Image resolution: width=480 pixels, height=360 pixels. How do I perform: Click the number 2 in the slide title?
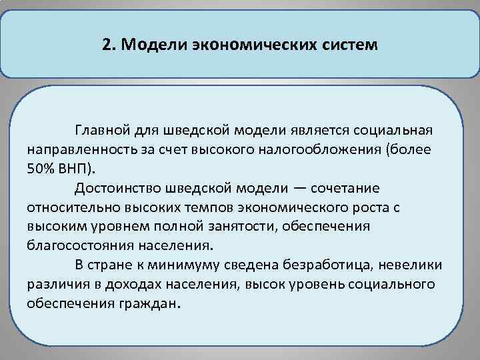[107, 45]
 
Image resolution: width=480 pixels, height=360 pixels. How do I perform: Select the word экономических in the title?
[249, 45]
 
